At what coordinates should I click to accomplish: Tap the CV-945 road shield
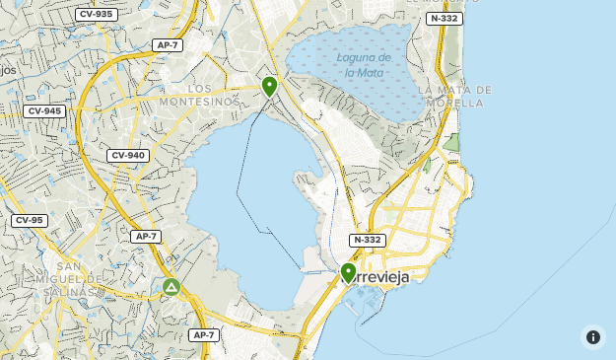click(x=45, y=110)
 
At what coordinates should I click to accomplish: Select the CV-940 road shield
click(x=128, y=155)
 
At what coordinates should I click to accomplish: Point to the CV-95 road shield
click(x=29, y=220)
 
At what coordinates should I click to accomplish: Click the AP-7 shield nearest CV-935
click(x=168, y=44)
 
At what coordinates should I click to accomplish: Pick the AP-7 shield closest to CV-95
click(x=145, y=236)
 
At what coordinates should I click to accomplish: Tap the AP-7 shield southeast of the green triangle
click(x=203, y=335)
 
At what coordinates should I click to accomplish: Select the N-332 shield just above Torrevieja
click(x=366, y=240)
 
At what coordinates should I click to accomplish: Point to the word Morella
click(x=455, y=103)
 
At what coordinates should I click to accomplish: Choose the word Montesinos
click(x=199, y=102)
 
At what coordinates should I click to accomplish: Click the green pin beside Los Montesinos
click(x=269, y=87)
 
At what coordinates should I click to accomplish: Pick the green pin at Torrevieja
click(x=348, y=272)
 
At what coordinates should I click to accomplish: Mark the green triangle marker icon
click(x=171, y=288)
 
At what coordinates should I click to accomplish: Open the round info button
click(x=592, y=336)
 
